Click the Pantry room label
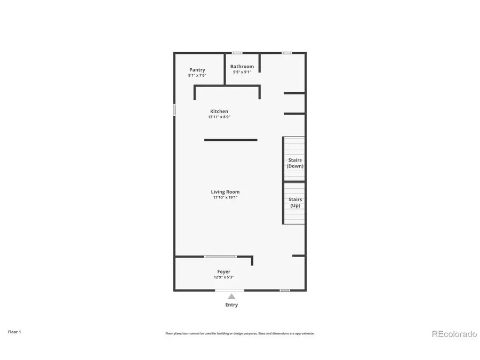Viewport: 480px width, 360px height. (x=197, y=70)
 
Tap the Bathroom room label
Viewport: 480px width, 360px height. (x=242, y=67)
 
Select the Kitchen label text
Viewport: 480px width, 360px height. (x=219, y=111)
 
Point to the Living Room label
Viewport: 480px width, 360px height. (x=225, y=192)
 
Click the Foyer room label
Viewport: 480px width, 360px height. (x=223, y=272)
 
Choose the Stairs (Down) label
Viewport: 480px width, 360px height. (x=295, y=163)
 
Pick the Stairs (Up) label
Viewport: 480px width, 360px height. (x=295, y=202)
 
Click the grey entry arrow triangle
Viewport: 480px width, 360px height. (x=231, y=296)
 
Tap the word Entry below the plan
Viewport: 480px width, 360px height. (x=231, y=305)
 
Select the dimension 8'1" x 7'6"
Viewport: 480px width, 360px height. (x=197, y=75)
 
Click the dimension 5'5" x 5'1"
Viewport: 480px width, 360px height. (x=242, y=72)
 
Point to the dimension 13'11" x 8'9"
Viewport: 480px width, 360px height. (x=219, y=117)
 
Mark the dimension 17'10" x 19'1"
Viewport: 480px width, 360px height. (x=225, y=197)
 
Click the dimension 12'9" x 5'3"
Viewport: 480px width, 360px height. (x=223, y=277)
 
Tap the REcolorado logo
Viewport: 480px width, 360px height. (x=454, y=334)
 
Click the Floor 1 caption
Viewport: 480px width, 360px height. (x=14, y=332)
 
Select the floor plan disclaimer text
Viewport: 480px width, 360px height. (x=239, y=333)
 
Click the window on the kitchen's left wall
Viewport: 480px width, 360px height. (x=174, y=109)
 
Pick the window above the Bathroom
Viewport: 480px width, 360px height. (x=237, y=53)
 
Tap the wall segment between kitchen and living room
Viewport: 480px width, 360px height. (x=230, y=140)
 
